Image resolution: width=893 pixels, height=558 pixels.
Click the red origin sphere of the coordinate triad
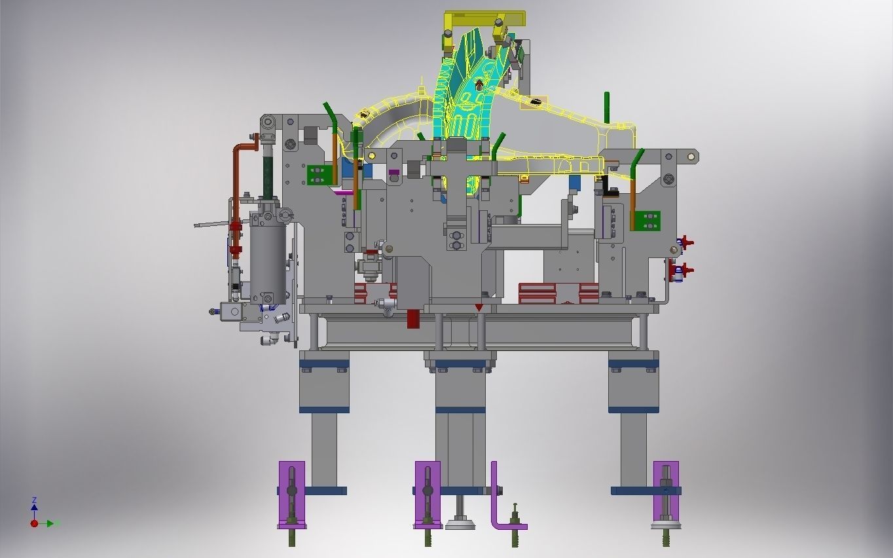tap(34, 523)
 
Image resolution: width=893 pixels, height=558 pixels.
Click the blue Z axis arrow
tap(34, 506)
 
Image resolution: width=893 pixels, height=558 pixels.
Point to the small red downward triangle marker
tap(479, 307)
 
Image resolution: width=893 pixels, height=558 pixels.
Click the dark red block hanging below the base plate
tap(413, 318)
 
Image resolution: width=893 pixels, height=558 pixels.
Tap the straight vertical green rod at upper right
tap(606, 107)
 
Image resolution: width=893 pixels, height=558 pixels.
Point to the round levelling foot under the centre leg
tap(460, 523)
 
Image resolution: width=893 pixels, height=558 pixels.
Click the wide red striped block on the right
tap(558, 292)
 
